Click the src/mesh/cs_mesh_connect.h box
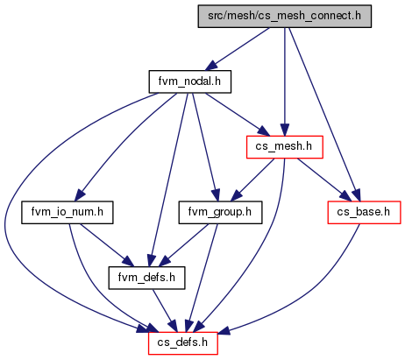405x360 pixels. [285, 17]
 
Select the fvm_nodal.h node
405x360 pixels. [190, 81]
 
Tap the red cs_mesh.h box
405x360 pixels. [285, 147]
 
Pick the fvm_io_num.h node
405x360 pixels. [67, 213]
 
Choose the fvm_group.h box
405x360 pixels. [220, 213]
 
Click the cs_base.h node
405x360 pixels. [364, 213]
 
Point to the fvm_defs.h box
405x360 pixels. [146, 278]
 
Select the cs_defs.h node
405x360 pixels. [183, 343]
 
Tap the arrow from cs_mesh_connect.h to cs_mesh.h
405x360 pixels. [285, 81]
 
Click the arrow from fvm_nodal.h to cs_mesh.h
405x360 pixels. [238, 115]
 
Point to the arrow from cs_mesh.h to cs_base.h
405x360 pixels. [323, 180]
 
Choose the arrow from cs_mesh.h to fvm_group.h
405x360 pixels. [252, 180]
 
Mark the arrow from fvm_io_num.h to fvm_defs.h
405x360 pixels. [107, 245]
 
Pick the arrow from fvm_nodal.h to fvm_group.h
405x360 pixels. [204, 147]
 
